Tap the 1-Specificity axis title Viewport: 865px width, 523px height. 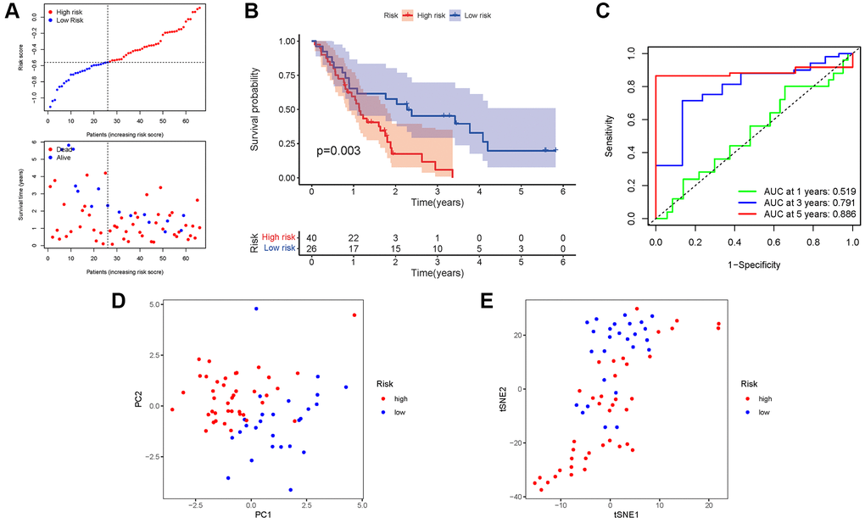753,264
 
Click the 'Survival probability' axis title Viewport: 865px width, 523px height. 255,109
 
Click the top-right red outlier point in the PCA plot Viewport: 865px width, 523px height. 354,315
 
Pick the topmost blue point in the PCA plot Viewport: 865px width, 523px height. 256,309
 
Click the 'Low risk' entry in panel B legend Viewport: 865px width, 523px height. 465,15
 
